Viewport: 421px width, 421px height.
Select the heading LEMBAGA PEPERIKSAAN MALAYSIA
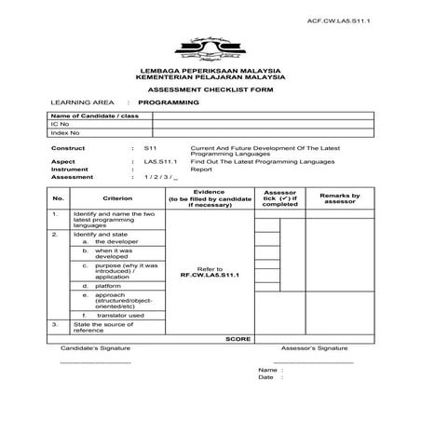[x=210, y=71]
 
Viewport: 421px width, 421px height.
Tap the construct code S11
[x=150, y=148]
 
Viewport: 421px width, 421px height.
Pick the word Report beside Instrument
[x=201, y=170]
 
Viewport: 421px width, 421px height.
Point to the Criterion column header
[x=117, y=197]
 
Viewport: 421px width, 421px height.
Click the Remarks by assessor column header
[x=339, y=197]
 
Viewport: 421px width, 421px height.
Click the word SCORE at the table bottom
[x=239, y=338]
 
